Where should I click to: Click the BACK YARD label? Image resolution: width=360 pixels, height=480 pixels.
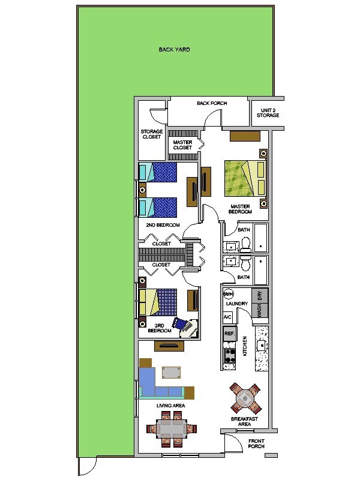pos(174,50)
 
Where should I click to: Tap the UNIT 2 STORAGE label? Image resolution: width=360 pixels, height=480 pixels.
pos(267,112)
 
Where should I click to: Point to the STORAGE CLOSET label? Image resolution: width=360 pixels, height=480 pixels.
pos(152,134)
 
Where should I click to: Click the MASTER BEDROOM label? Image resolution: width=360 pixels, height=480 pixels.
pos(240,209)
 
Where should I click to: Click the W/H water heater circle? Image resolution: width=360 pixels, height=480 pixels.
pos(229,294)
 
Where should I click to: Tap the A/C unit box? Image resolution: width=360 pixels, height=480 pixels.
pos(227,316)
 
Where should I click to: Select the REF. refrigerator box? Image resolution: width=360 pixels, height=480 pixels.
pos(229,334)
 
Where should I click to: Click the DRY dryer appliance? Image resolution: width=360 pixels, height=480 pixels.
pos(260,296)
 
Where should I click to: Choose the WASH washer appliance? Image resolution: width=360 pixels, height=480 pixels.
pos(260,311)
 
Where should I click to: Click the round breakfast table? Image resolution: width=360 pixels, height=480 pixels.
pos(245,397)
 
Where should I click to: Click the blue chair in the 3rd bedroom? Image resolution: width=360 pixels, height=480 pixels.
pos(180,323)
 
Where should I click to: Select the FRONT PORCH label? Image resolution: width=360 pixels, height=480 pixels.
pos(256,443)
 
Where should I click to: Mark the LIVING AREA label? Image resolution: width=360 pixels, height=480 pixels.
pos(171,406)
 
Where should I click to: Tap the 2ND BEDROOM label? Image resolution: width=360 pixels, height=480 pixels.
pos(163,225)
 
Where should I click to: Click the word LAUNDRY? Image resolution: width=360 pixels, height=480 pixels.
pos(237,304)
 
